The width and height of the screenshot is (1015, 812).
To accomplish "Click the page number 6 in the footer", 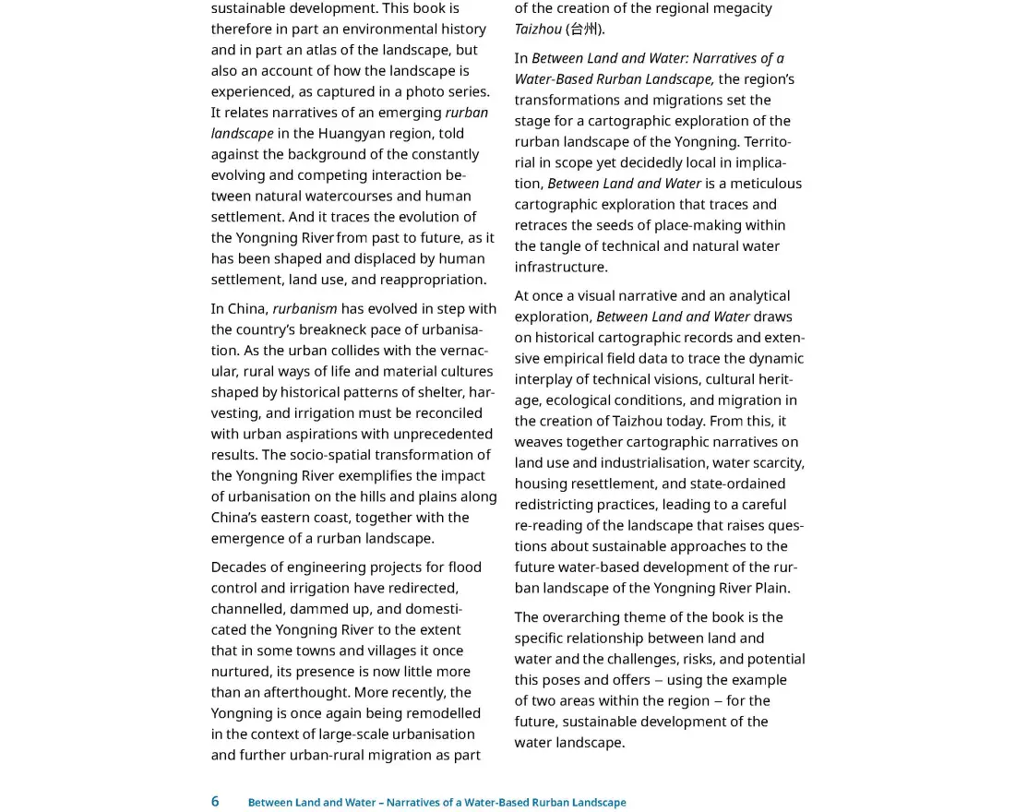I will click(x=215, y=801).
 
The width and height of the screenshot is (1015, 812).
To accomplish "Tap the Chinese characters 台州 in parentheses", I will click(x=584, y=29).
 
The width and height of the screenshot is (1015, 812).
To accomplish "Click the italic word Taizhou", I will click(x=538, y=29).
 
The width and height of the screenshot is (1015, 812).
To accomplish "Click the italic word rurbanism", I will click(x=304, y=308).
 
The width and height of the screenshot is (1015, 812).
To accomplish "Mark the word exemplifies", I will click(x=384, y=475).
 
